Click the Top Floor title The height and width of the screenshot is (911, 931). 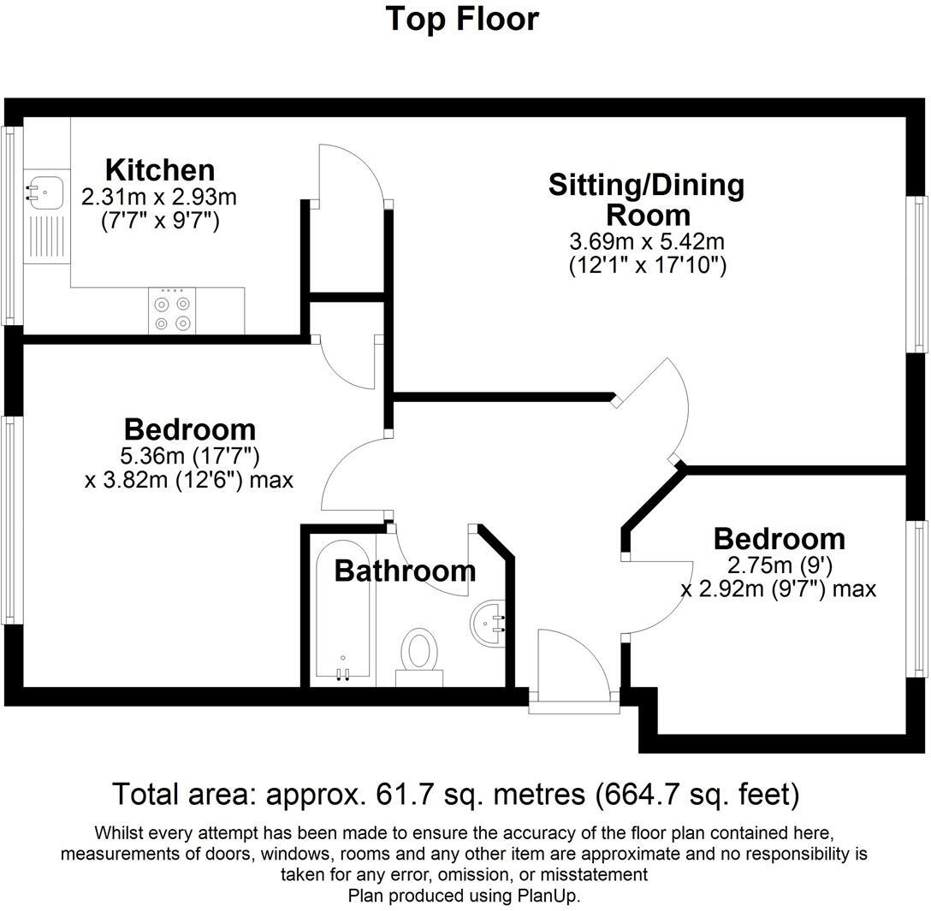[x=462, y=18]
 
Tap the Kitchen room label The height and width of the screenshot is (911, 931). [x=159, y=169]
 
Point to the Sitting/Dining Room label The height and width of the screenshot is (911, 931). [x=647, y=198]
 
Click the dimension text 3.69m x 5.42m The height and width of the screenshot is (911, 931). [x=647, y=242]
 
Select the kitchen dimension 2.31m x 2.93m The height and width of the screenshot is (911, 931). [x=159, y=198]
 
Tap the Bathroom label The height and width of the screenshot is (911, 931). [x=405, y=571]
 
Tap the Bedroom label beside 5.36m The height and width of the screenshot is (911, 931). [x=189, y=429]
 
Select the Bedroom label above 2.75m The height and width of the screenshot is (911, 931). [x=779, y=539]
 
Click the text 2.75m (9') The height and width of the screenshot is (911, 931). [x=779, y=565]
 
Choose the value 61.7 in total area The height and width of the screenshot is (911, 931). [x=406, y=795]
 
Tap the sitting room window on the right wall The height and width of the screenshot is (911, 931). [x=920, y=274]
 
